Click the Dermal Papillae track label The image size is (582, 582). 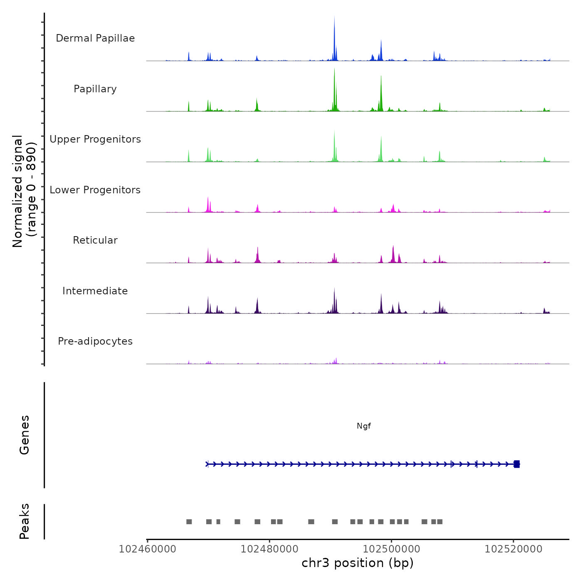pos(95,38)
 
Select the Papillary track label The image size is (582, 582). pos(95,89)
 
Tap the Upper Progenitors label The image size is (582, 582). pos(95,139)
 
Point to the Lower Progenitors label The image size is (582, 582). pos(95,190)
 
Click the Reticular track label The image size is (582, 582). pos(95,240)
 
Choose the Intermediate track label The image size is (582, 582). pos(95,291)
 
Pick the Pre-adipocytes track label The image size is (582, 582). pos(95,341)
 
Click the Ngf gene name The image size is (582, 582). pos(364,426)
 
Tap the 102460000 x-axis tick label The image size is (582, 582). pos(147,549)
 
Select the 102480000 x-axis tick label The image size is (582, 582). pos(269,549)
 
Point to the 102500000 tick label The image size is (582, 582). pos(391,549)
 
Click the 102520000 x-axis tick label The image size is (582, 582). pos(513,549)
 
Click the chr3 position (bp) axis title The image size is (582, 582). pos(358,563)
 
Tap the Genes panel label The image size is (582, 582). pos(25,435)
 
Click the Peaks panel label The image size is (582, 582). pos(25,521)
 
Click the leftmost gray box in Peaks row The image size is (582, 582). pos(189,522)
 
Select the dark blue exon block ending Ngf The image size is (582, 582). pos(517,464)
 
